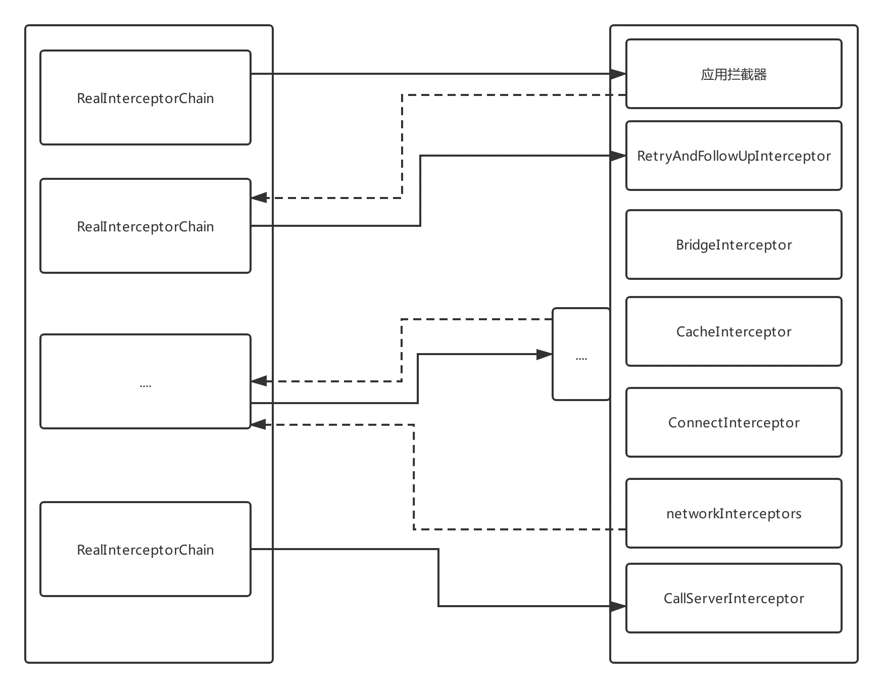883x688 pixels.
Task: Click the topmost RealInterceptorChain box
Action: tap(145, 97)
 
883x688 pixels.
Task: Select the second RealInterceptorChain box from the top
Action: tap(145, 226)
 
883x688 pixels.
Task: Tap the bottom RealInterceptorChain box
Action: tap(145, 549)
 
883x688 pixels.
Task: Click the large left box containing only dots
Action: tap(145, 381)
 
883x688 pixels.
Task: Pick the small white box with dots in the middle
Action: tap(581, 354)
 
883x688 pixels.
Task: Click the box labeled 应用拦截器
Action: tap(733, 74)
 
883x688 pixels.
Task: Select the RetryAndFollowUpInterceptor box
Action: tap(733, 156)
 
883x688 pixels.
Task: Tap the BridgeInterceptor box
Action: tap(733, 244)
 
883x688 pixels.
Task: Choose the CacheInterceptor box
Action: tap(733, 331)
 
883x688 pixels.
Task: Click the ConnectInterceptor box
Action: tap(733, 422)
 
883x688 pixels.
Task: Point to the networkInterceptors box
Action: tap(733, 513)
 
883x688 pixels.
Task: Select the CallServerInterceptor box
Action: tap(733, 598)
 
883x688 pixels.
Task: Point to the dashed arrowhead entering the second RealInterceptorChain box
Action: tap(260, 198)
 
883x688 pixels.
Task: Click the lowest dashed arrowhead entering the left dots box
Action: tap(260, 424)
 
